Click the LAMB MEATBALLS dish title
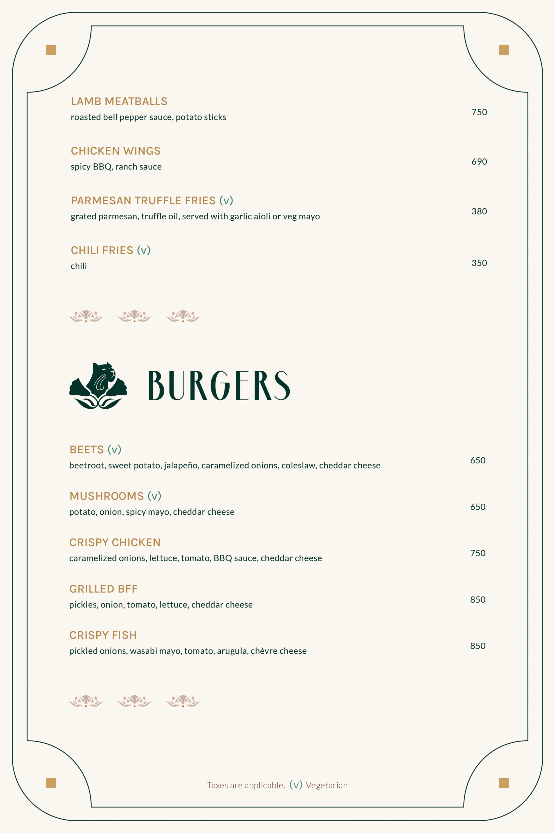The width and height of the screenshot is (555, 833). (119, 102)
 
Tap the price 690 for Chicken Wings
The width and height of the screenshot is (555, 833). (479, 162)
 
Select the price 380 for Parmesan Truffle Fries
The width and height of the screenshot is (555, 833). (479, 212)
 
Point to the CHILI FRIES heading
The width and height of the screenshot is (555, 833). (102, 251)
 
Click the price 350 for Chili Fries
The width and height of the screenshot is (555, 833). (479, 263)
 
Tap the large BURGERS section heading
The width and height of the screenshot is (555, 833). (219, 386)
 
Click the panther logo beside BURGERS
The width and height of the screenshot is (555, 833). (98, 386)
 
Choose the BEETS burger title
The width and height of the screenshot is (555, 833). (86, 450)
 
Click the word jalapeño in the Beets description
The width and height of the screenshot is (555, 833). (181, 465)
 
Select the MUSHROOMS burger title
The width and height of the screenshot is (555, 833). (107, 496)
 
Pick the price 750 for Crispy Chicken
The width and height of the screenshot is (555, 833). (478, 553)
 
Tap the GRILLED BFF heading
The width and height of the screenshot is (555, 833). (103, 589)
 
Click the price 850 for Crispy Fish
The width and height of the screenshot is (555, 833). (478, 646)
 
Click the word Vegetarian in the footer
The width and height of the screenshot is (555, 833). (326, 785)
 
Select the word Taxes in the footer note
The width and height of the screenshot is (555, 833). (217, 785)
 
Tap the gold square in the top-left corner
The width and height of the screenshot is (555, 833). (51, 50)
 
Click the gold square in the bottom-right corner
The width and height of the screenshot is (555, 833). (504, 783)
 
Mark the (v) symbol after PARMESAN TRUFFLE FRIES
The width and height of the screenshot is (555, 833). (226, 201)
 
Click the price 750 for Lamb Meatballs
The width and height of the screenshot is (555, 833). (479, 112)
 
